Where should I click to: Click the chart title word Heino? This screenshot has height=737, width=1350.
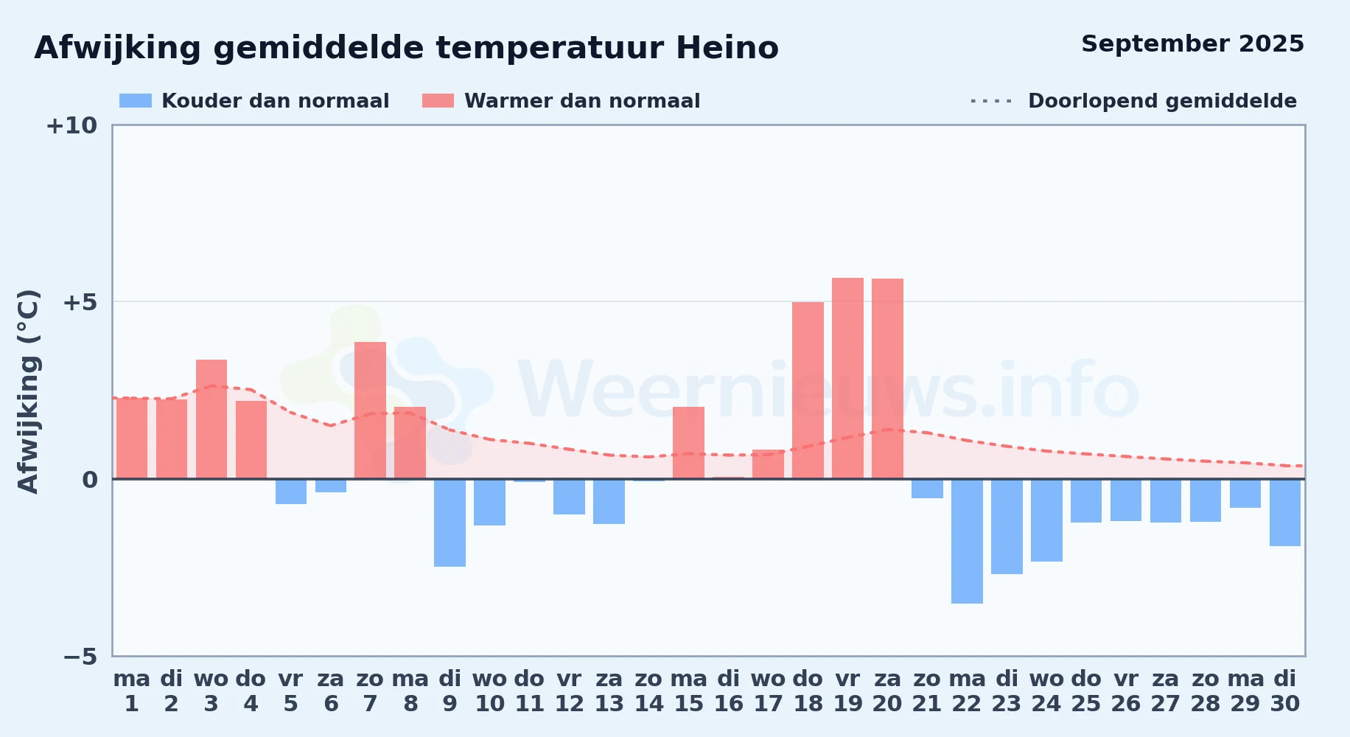pyautogui.click(x=727, y=48)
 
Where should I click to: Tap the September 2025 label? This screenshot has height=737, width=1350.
pyautogui.click(x=1192, y=43)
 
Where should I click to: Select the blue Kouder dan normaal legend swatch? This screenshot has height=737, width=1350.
pyautogui.click(x=136, y=100)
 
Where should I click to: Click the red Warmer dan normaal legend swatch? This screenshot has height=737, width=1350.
pyautogui.click(x=438, y=100)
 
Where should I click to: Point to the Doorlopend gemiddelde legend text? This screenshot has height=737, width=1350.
pyautogui.click(x=1162, y=101)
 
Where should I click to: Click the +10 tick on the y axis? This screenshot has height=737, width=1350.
pyautogui.click(x=71, y=125)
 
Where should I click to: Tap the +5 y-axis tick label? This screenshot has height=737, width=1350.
pyautogui.click(x=80, y=302)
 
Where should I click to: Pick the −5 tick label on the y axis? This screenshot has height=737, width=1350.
pyautogui.click(x=80, y=656)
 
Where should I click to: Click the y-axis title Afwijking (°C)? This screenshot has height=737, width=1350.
pyautogui.click(x=28, y=391)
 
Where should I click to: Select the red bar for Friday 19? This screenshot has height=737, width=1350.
pyautogui.click(x=847, y=378)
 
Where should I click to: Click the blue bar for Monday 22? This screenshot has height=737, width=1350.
pyautogui.click(x=967, y=541)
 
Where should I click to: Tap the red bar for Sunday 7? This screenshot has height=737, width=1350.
pyautogui.click(x=370, y=411)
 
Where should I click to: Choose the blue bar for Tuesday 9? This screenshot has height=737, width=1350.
pyautogui.click(x=450, y=523)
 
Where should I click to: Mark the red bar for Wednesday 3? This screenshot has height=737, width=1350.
pyautogui.click(x=211, y=419)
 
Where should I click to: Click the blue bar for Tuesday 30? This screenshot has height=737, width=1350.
pyautogui.click(x=1285, y=512)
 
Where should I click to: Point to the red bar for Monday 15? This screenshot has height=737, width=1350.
pyautogui.click(x=688, y=443)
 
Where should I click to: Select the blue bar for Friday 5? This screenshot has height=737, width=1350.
pyautogui.click(x=291, y=492)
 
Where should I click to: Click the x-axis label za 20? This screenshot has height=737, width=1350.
pyautogui.click(x=887, y=691)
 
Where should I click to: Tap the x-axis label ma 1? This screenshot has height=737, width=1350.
pyautogui.click(x=132, y=691)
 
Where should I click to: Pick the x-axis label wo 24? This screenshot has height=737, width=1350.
pyautogui.click(x=1046, y=691)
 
